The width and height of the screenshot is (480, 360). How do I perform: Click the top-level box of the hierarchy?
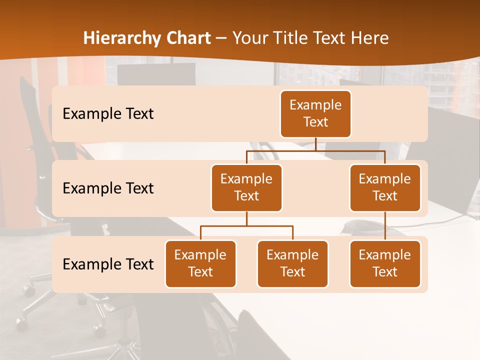click(315, 113)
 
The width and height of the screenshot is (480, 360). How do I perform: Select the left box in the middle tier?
click(246, 187)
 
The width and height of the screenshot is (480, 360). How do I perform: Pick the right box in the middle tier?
click(385, 187)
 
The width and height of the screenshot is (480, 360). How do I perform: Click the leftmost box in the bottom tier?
click(200, 263)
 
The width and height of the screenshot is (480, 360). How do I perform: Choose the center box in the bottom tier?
click(292, 263)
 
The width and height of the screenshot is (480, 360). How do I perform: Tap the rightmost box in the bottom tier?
click(385, 263)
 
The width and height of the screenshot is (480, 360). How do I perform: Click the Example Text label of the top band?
click(108, 114)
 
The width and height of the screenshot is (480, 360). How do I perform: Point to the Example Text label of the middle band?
click(108, 188)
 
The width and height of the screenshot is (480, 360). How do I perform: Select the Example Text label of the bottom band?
click(108, 264)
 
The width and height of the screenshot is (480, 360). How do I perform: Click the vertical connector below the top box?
click(315, 144)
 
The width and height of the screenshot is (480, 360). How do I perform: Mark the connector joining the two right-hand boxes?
click(385, 226)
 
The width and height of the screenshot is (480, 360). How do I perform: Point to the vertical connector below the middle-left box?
click(246, 218)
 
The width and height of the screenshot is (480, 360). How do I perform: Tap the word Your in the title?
click(249, 38)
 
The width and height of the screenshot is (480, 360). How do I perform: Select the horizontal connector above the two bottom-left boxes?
click(246, 226)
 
